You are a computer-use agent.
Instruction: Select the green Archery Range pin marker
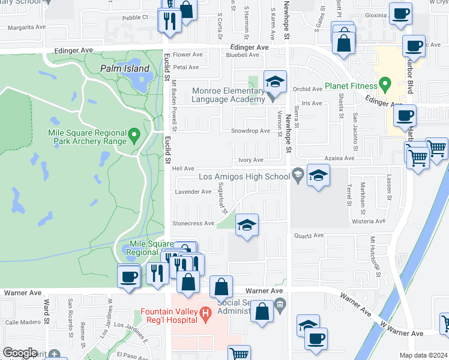[x=134, y=134]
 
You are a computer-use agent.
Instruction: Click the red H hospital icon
[x=205, y=313]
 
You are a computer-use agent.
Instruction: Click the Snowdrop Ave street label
[x=251, y=131]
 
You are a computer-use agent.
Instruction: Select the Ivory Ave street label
[x=251, y=160]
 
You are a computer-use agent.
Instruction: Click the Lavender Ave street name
[x=193, y=192]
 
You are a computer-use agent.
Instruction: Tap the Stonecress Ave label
[x=193, y=223]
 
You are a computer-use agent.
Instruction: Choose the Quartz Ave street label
[x=309, y=236]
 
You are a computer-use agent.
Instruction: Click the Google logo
[x=20, y=353]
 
